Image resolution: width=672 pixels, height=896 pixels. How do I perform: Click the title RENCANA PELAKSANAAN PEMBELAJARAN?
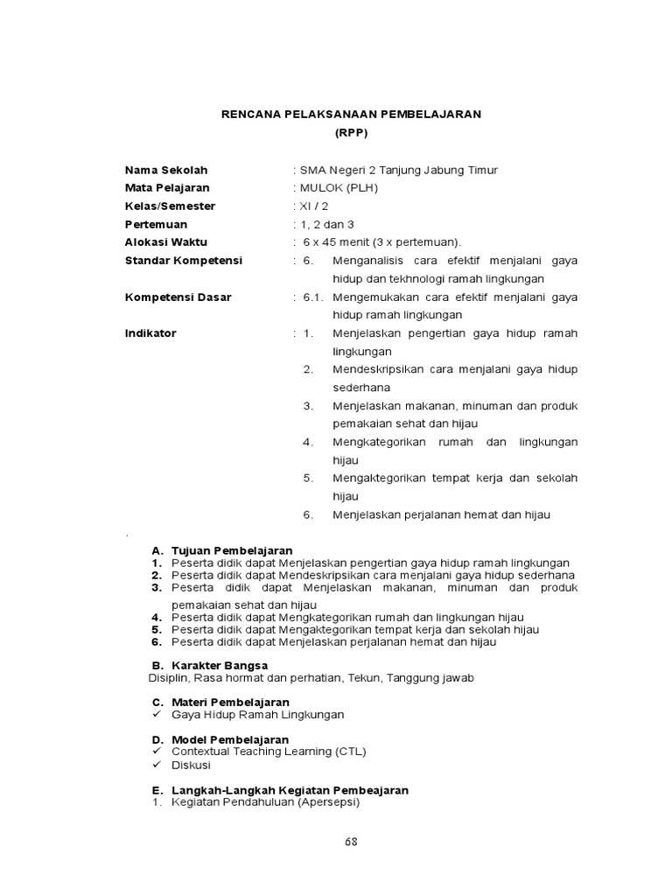[x=350, y=115]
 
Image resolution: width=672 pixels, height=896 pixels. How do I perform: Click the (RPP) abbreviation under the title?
[x=350, y=133]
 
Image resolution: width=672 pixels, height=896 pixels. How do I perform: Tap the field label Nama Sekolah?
[x=166, y=170]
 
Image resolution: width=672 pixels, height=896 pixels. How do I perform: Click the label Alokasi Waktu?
[x=166, y=242]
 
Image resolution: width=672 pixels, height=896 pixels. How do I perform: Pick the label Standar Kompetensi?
[x=184, y=261]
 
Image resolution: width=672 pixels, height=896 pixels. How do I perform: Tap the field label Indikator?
[x=150, y=333]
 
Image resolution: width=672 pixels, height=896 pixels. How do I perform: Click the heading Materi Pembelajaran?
[x=230, y=703]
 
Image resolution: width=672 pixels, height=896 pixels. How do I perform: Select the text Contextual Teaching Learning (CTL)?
[x=269, y=752]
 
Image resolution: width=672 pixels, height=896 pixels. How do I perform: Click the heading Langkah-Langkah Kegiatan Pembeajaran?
[x=290, y=790]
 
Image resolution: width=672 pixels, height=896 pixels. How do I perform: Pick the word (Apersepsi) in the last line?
[x=328, y=802]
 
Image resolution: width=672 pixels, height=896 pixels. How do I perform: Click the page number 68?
[x=350, y=842]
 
